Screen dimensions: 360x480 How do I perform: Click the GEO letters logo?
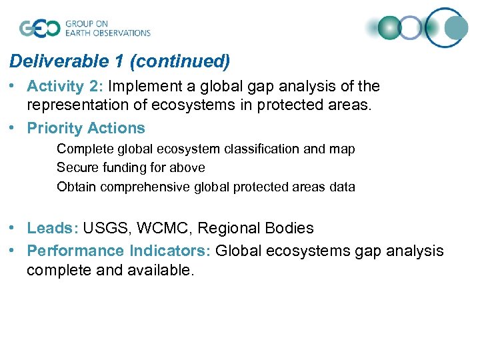(39, 28)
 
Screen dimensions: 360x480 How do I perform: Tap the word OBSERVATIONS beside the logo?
(123, 33)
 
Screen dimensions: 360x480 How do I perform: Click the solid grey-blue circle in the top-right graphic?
(457, 28)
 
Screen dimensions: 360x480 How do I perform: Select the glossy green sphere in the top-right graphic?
(389, 28)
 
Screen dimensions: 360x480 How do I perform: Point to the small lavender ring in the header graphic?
(411, 28)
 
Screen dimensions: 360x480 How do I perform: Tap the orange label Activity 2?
(65, 87)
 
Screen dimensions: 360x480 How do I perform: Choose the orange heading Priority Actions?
(86, 128)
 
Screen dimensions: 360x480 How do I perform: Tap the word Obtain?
(75, 187)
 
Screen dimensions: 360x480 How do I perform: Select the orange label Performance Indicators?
(119, 251)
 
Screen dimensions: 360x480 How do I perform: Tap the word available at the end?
(163, 270)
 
